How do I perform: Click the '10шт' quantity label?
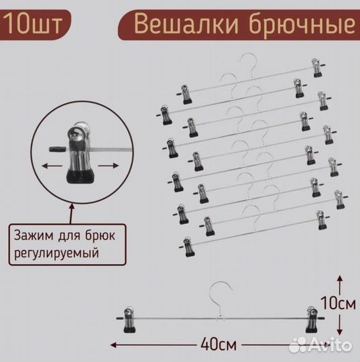point(33,24)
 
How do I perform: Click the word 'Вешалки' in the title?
point(186,24)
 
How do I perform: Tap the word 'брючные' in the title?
point(302,26)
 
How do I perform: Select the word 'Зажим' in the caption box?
point(34,236)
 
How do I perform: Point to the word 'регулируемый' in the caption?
point(56,253)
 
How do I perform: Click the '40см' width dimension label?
point(219,345)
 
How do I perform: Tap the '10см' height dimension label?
point(339,303)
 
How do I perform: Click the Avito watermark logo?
point(320,345)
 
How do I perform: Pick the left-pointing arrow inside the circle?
point(52,166)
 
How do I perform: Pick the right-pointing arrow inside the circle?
point(109,166)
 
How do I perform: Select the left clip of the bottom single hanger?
point(129,320)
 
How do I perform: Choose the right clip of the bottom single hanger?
point(312,319)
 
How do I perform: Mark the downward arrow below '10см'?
point(339,324)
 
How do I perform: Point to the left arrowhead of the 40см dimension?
point(113,345)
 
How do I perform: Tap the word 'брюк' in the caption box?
point(100,236)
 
